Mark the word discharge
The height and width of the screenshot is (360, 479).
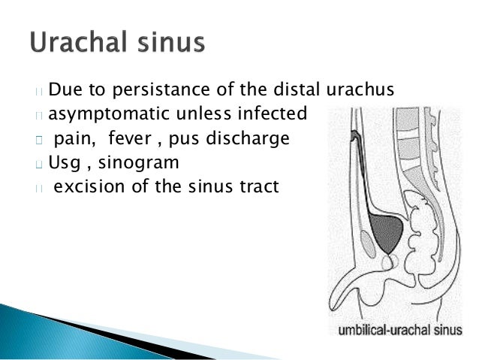pos(252,139)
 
